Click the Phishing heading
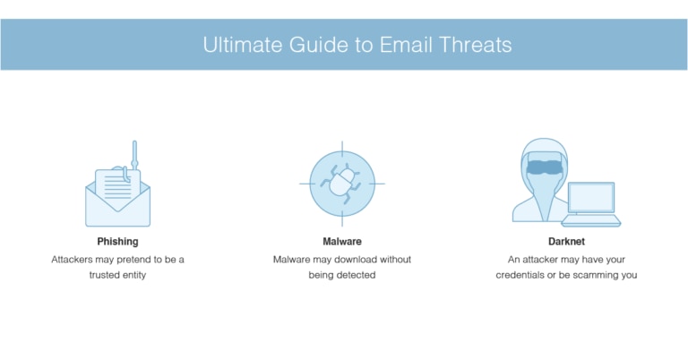coord(117,242)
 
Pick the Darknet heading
coord(566,242)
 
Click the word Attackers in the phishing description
coord(74,259)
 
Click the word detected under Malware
coord(356,275)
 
